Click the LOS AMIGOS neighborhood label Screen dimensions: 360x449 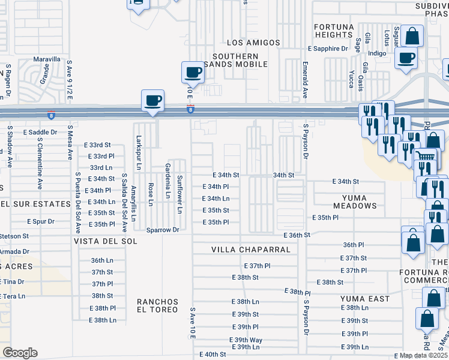click(253, 43)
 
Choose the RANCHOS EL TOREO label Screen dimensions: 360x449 click(157, 305)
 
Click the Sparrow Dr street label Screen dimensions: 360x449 click(163, 230)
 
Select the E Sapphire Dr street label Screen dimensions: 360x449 click(328, 49)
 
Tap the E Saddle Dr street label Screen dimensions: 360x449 click(40, 132)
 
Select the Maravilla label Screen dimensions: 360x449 click(46, 59)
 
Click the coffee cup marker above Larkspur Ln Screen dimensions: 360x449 click(152, 100)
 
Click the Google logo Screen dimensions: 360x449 click(20, 353)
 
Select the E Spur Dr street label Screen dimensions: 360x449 click(40, 221)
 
